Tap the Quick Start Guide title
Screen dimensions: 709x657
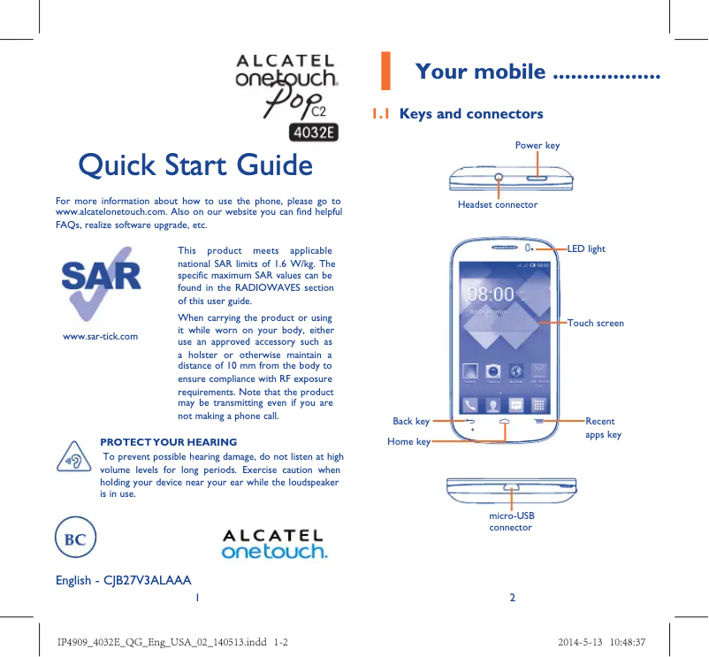pyautogui.click(x=195, y=165)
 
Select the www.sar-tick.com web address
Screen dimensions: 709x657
pyautogui.click(x=101, y=336)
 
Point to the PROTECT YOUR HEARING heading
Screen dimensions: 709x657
pyautogui.click(x=168, y=441)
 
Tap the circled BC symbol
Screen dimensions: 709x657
pyautogui.click(x=75, y=539)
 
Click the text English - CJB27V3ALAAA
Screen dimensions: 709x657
pyautogui.click(x=124, y=580)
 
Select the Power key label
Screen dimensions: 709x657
pyautogui.click(x=537, y=145)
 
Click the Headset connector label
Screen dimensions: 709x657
pyautogui.click(x=497, y=204)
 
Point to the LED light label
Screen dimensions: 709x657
pyautogui.click(x=586, y=249)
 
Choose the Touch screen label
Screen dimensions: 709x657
pyautogui.click(x=596, y=324)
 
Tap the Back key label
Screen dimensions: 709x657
pyautogui.click(x=411, y=422)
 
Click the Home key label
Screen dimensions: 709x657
pyautogui.click(x=408, y=441)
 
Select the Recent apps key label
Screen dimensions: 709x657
pyautogui.click(x=603, y=428)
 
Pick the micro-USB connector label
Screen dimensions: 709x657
pyautogui.click(x=511, y=521)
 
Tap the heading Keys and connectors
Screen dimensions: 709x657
pyautogui.click(x=471, y=114)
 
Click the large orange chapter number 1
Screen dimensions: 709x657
pyautogui.click(x=385, y=72)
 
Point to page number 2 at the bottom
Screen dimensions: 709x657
pyautogui.click(x=512, y=597)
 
